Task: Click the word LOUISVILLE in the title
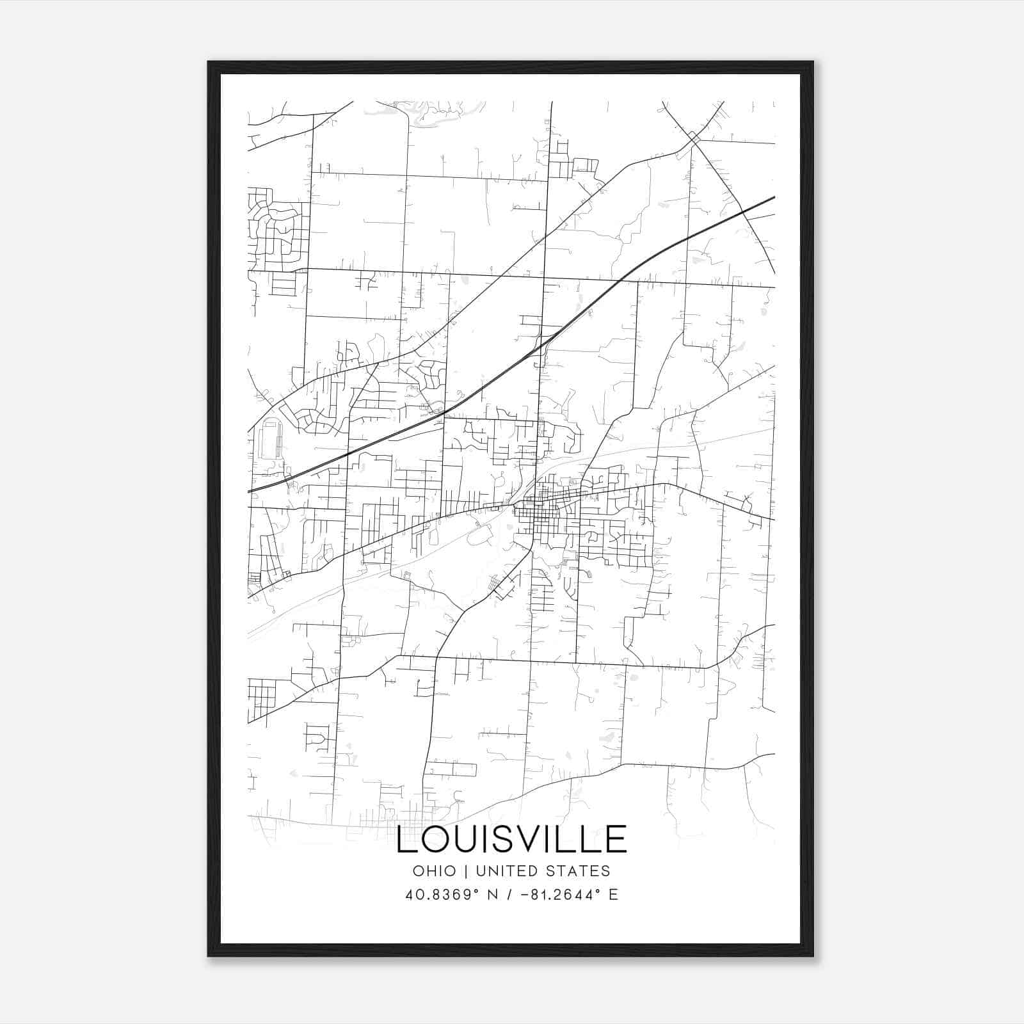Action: (511, 840)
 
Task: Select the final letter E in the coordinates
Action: (613, 895)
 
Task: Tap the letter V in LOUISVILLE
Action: (534, 840)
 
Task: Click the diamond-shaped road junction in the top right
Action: (694, 138)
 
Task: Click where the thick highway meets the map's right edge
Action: (773, 198)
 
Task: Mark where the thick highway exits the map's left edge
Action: (249, 491)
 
